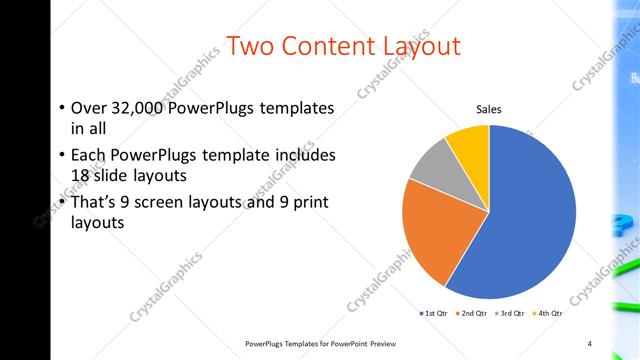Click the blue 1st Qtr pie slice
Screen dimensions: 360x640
coord(530,220)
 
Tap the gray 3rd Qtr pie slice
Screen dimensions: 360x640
coord(432,164)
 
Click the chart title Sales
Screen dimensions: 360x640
coord(488,109)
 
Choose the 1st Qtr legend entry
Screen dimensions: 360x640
coord(434,314)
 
